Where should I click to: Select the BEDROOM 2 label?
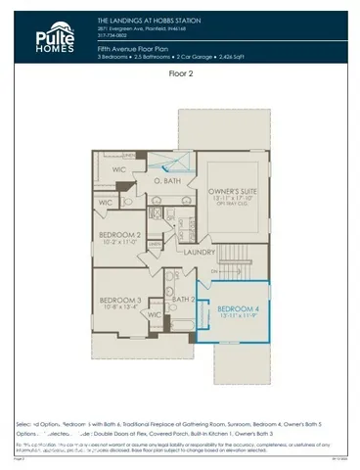(123, 236)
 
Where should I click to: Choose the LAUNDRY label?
(199, 252)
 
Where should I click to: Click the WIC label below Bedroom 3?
(154, 315)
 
